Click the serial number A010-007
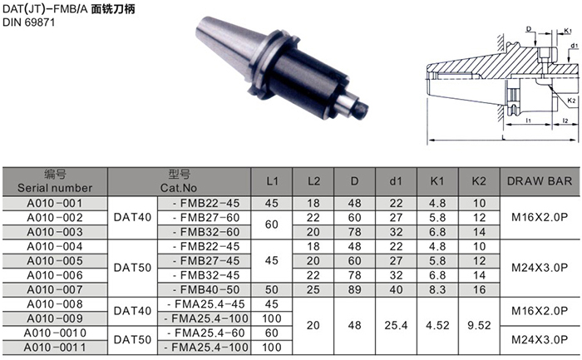point(55,289)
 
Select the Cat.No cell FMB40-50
point(206,289)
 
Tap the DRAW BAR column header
point(540,181)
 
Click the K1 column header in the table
point(437,181)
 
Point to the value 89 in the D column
point(354,289)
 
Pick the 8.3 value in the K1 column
point(437,289)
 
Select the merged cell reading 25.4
point(396,325)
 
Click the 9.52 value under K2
point(479,325)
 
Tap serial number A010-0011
point(55,348)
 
